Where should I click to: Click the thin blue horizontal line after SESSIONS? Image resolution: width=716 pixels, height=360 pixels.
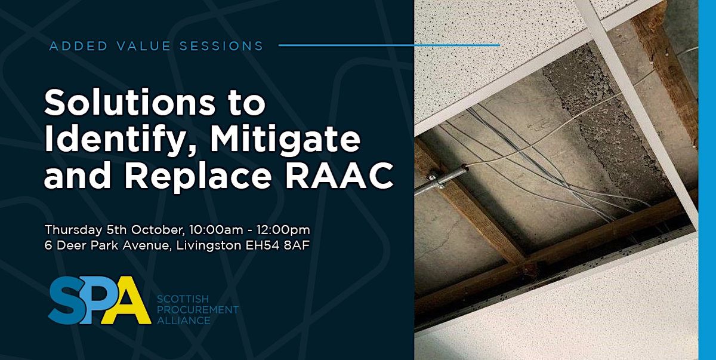click(388, 45)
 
